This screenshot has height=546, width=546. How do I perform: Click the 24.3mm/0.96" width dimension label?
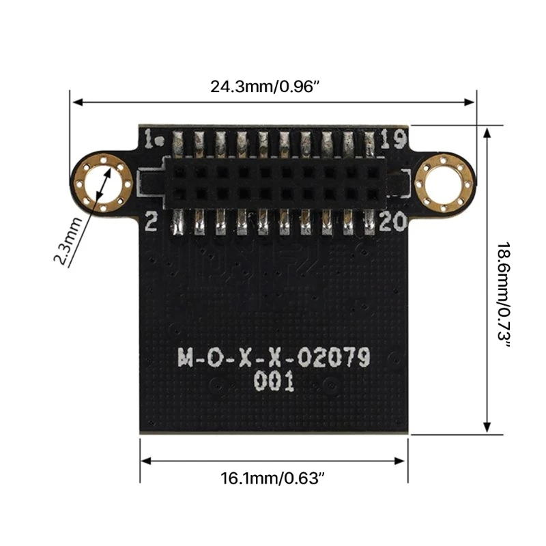pyautogui.click(x=265, y=87)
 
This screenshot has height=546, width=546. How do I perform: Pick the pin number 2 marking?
pyautogui.click(x=152, y=221)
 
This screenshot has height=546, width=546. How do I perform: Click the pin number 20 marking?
pyautogui.click(x=392, y=221)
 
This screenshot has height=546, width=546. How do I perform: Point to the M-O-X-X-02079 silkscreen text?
pyautogui.click(x=273, y=357)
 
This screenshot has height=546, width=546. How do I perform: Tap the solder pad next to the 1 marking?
pyautogui.click(x=178, y=143)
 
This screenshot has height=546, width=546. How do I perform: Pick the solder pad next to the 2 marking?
pyautogui.click(x=178, y=221)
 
